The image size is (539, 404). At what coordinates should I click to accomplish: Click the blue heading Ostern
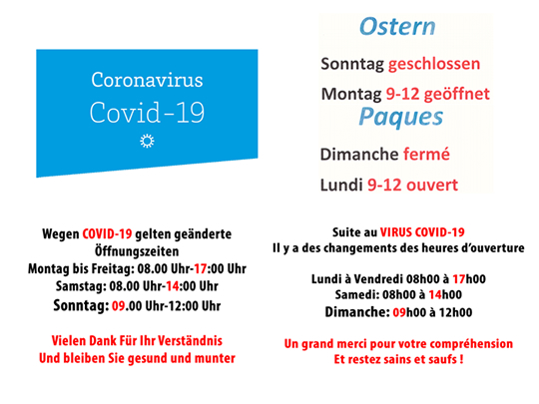[x=397, y=27]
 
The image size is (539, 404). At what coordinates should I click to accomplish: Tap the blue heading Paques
[x=401, y=117]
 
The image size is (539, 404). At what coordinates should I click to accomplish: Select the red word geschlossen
[x=434, y=64]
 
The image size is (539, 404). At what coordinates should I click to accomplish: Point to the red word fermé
[x=426, y=154]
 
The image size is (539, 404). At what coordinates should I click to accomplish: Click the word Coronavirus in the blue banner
[x=147, y=80]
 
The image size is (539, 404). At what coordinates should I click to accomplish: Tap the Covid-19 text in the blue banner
[x=147, y=113]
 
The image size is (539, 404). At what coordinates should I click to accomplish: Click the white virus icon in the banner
[x=147, y=141]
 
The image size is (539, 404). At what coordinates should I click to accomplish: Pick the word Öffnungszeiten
[x=137, y=251]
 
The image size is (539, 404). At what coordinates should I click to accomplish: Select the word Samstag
[x=81, y=286]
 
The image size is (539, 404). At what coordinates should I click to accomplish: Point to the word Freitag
[x=113, y=268]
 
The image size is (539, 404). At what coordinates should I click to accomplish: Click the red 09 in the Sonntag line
[x=118, y=306]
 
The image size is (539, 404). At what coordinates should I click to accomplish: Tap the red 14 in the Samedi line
[x=435, y=294]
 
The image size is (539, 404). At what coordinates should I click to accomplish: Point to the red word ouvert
[x=432, y=185]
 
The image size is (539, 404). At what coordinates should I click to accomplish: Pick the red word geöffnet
[x=457, y=94]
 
